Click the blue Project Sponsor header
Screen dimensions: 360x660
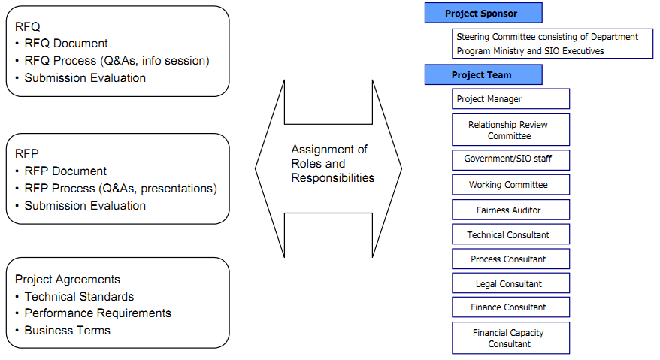pos(482,13)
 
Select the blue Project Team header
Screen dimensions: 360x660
pos(482,75)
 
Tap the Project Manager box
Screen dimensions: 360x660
pos(510,99)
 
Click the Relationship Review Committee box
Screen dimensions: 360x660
pos(510,130)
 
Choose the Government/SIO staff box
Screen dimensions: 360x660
pos(510,160)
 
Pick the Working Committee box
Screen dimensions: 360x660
pos(510,185)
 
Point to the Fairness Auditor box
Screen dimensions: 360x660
pos(510,210)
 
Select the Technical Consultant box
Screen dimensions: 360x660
pos(510,235)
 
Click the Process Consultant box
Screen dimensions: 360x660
pos(510,259)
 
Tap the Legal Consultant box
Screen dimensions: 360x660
pos(510,284)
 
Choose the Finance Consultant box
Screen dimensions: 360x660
pos(510,307)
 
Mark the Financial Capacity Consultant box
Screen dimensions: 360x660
pos(510,338)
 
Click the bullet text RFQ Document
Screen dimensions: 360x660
pos(66,44)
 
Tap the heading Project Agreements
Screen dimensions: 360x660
pos(68,280)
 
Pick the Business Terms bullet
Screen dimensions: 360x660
pos(67,330)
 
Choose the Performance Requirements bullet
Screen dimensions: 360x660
pos(98,313)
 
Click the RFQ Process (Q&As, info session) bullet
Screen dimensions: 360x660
pos(117,61)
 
